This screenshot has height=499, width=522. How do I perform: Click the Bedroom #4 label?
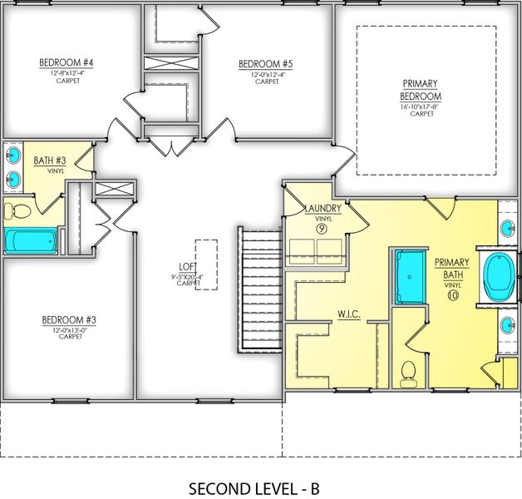pos(66,62)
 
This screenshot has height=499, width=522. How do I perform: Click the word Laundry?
pos(323,208)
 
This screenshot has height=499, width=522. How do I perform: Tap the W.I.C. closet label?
pos(347,314)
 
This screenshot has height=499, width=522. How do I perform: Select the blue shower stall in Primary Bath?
pos(408,274)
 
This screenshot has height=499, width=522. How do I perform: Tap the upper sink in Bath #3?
pos(14,155)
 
